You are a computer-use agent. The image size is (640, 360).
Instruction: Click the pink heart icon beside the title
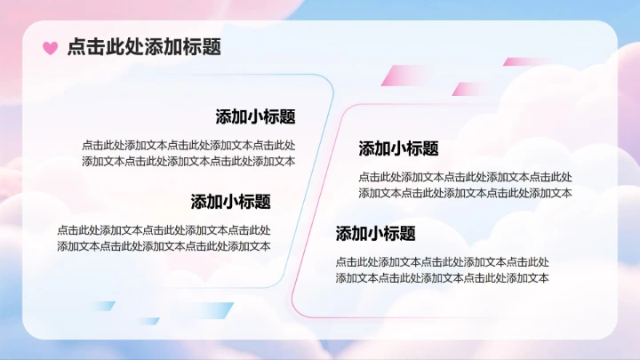tap(51, 48)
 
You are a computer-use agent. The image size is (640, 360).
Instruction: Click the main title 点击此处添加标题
tap(144, 47)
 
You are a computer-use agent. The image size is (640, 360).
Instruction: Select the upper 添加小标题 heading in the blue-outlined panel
tap(255, 116)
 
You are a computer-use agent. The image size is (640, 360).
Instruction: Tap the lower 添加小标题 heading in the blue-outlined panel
tap(230, 202)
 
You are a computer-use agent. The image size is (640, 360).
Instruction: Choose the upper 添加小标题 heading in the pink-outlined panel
tap(398, 148)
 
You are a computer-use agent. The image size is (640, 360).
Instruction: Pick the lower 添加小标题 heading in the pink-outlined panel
tap(375, 234)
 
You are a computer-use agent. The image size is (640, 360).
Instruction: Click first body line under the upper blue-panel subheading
tap(188, 145)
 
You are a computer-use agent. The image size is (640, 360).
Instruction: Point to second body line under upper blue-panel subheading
tap(188, 161)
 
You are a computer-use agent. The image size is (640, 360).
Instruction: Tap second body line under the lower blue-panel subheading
tap(164, 246)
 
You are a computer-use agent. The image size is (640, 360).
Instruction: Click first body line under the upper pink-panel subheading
tap(465, 177)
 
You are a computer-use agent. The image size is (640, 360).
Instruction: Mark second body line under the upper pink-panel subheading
tap(465, 193)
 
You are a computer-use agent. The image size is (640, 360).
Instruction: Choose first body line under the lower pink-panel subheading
tap(442, 262)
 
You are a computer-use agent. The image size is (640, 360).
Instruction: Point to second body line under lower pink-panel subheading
tap(442, 278)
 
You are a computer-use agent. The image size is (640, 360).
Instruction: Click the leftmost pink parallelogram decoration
tap(404, 76)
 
